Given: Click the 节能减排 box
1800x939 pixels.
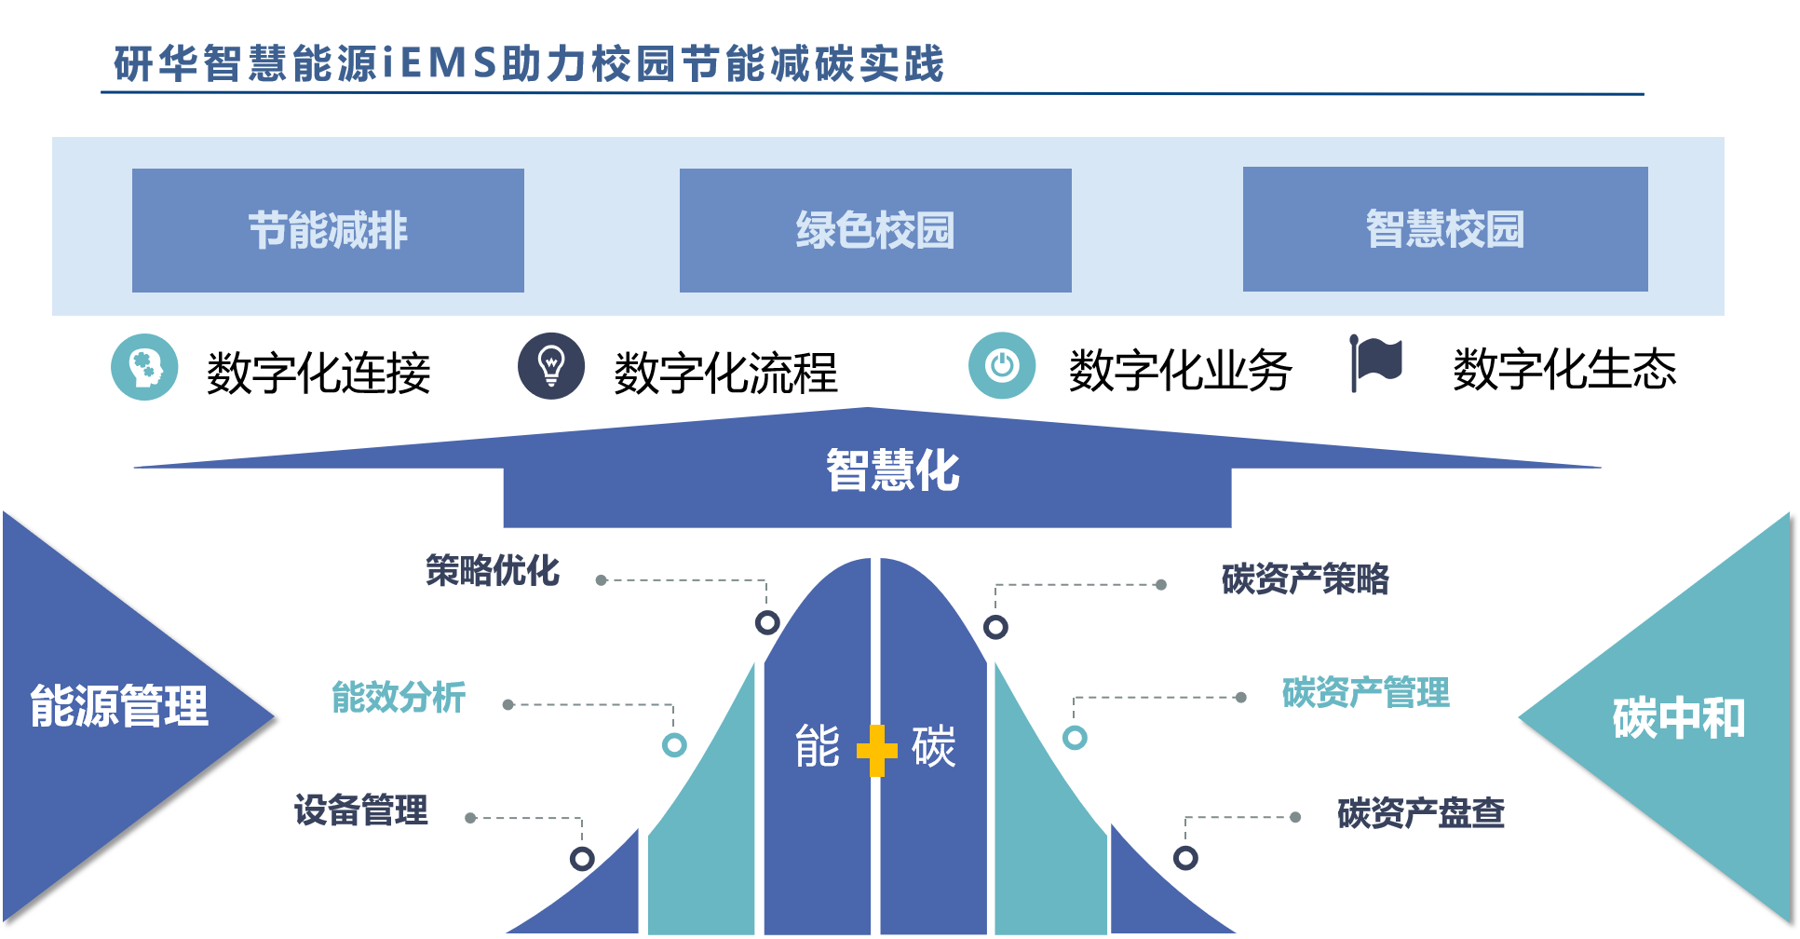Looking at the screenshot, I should pos(328,230).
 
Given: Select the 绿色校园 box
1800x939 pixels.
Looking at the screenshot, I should pos(875,230).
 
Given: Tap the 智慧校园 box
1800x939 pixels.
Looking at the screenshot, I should pos(1445,229).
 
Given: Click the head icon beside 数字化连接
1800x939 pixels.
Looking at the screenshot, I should pos(144,367).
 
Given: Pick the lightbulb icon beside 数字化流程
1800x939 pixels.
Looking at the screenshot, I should pos(551,366).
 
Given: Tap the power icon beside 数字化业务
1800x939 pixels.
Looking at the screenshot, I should pos(1002,365).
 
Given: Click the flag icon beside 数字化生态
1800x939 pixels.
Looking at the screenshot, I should pos(1376,362).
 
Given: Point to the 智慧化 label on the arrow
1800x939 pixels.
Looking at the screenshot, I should pos(892,469).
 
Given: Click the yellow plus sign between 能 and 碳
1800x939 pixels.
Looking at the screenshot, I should pos(876,750).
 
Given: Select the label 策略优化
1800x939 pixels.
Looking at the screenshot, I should pos(493,571).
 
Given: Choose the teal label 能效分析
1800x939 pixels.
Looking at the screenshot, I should pos(399,697).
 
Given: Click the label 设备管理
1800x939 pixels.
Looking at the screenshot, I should pos(361,810).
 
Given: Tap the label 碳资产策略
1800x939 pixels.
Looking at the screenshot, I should pos(1305,579).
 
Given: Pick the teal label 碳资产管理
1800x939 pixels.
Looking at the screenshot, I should pos(1365,693).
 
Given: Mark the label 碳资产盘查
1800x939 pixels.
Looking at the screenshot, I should pos(1420,813).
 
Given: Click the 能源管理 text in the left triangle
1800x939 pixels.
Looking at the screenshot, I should pos(119,705).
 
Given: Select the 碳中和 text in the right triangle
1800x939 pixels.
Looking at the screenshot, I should pos(1678,718).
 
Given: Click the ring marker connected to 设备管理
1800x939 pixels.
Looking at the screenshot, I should pos(582,858).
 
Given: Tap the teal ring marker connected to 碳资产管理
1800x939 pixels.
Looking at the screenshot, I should pos(1075,738).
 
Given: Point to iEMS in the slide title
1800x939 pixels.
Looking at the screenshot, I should pos(438,63).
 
